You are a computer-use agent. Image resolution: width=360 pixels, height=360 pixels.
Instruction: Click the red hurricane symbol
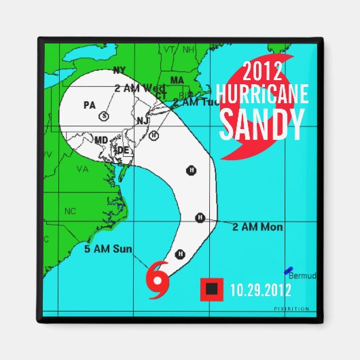point(158,279)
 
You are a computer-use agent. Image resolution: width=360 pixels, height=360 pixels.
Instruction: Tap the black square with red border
point(211,289)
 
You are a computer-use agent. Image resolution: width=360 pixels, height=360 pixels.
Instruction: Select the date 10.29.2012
point(261,289)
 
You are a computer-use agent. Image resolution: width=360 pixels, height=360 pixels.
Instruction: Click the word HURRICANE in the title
point(261,94)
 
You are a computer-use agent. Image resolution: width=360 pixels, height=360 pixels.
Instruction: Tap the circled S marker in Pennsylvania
point(103,115)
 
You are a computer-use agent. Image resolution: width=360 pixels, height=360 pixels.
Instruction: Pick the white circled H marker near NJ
point(154,134)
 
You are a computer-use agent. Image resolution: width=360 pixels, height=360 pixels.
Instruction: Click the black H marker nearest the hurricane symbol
point(180,254)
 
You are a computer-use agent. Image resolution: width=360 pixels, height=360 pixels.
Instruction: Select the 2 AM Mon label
point(257,226)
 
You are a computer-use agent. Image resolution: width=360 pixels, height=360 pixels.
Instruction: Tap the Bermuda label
point(303,276)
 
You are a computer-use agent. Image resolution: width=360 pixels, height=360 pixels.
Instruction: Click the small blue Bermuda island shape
point(288,270)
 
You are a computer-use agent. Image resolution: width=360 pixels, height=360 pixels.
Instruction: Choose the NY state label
point(119,70)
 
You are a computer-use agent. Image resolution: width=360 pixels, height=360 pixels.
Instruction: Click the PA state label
point(89,105)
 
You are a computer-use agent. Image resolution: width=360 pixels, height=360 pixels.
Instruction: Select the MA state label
point(177,80)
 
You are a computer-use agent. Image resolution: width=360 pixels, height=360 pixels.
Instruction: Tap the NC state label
point(69,211)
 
